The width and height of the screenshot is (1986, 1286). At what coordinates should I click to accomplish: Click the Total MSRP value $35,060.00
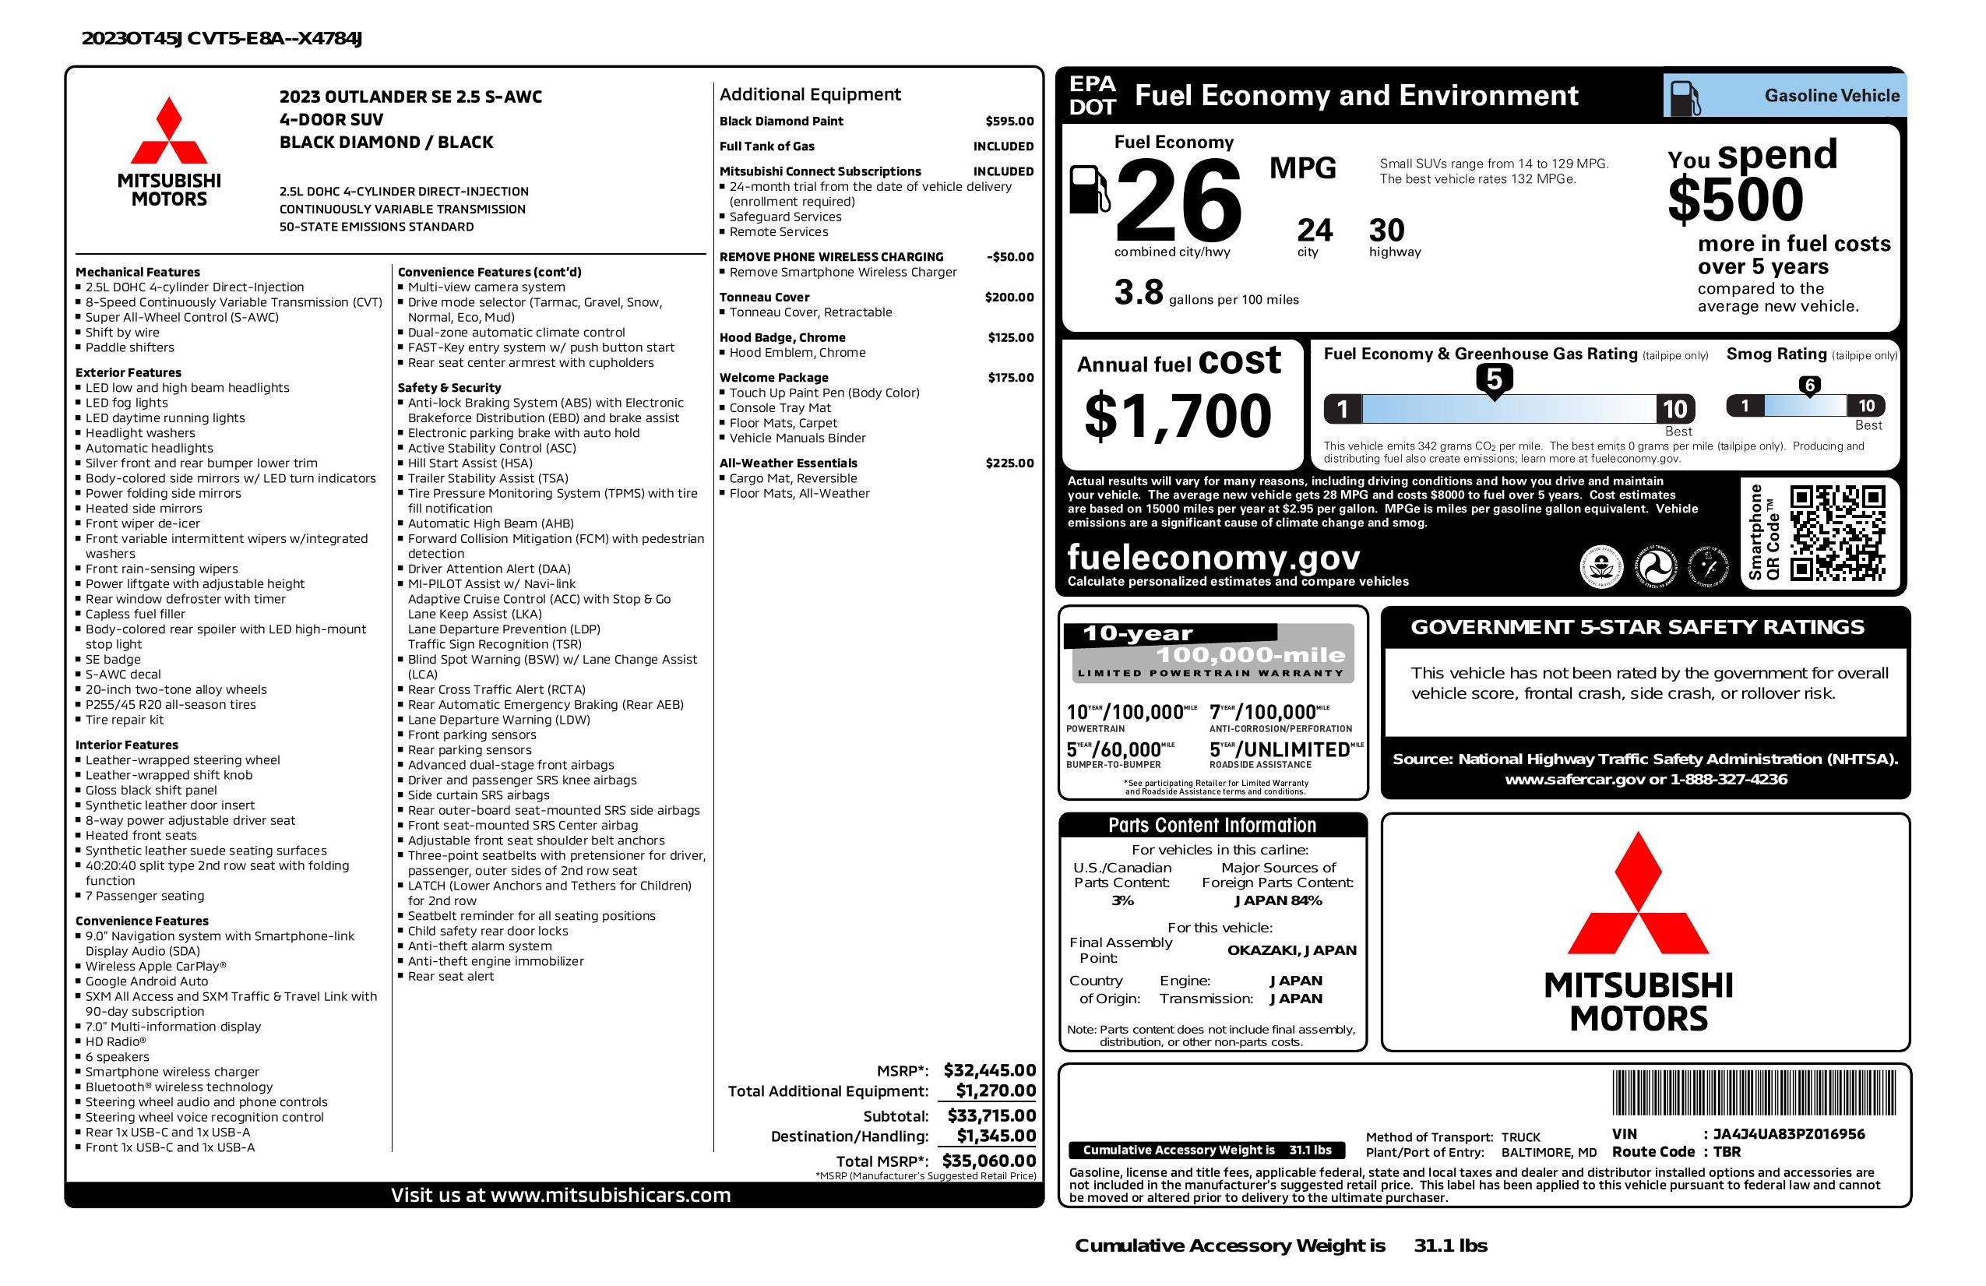click(x=988, y=1160)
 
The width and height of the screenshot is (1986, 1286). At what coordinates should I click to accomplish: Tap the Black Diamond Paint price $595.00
click(x=1009, y=121)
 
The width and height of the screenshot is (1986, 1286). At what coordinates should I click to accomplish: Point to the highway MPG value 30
click(x=1386, y=231)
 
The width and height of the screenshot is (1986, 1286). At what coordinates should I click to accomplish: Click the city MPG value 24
click(x=1315, y=231)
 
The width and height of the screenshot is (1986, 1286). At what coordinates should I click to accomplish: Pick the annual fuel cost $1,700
click(x=1178, y=416)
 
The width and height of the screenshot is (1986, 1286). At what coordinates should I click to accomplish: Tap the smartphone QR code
click(x=1837, y=533)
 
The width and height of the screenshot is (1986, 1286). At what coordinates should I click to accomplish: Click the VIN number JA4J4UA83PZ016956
click(x=1788, y=1133)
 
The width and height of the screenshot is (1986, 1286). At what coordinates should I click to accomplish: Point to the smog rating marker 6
click(x=1809, y=386)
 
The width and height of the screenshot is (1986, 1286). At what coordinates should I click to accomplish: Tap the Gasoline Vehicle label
click(x=1832, y=96)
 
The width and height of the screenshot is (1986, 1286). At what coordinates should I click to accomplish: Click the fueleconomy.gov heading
click(x=1213, y=557)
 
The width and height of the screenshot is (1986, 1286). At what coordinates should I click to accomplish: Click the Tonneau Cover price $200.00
click(x=1009, y=297)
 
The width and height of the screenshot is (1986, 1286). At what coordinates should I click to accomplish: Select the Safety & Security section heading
click(x=449, y=387)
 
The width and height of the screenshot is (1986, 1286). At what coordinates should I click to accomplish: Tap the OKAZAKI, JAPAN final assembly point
click(x=1291, y=950)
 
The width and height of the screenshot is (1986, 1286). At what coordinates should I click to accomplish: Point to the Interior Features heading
click(x=127, y=745)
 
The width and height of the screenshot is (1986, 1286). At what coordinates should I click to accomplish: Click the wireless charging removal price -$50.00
click(x=1009, y=257)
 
